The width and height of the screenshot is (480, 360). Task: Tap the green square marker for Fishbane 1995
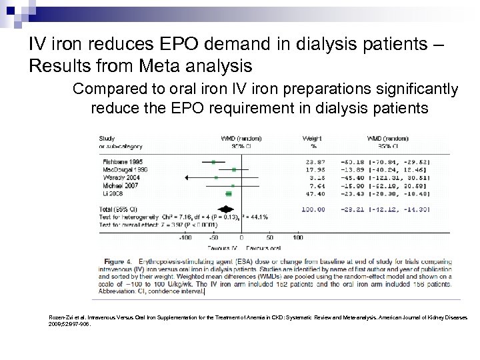click(x=213, y=161)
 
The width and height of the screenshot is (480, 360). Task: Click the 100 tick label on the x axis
click(x=297, y=236)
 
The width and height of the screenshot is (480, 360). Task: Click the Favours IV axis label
click(x=219, y=247)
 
